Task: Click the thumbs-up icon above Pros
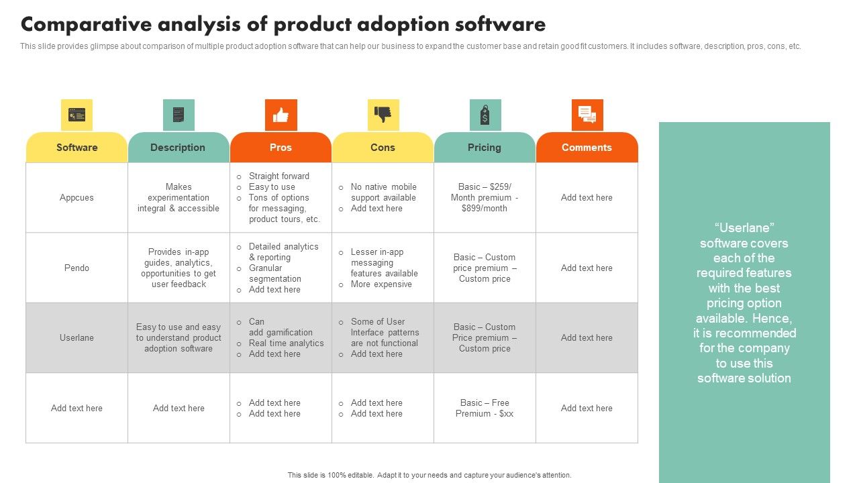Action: tap(281, 115)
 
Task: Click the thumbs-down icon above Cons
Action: tap(383, 115)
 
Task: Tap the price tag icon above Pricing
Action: tap(485, 115)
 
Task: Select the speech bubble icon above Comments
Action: tap(587, 115)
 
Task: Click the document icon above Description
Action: tap(179, 115)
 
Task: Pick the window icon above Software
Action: tap(77, 115)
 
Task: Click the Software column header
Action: tap(77, 148)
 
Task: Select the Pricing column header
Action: tap(485, 148)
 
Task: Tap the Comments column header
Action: tap(587, 148)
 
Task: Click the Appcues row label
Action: tap(77, 198)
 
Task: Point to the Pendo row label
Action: tap(77, 268)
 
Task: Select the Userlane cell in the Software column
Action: tap(77, 338)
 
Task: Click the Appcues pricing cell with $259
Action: tap(485, 198)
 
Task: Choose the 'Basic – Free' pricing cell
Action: tap(485, 408)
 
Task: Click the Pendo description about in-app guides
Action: tap(179, 268)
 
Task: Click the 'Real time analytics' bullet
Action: tap(286, 343)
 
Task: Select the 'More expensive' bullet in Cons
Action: tap(381, 284)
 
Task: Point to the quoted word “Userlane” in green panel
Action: tap(744, 228)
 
